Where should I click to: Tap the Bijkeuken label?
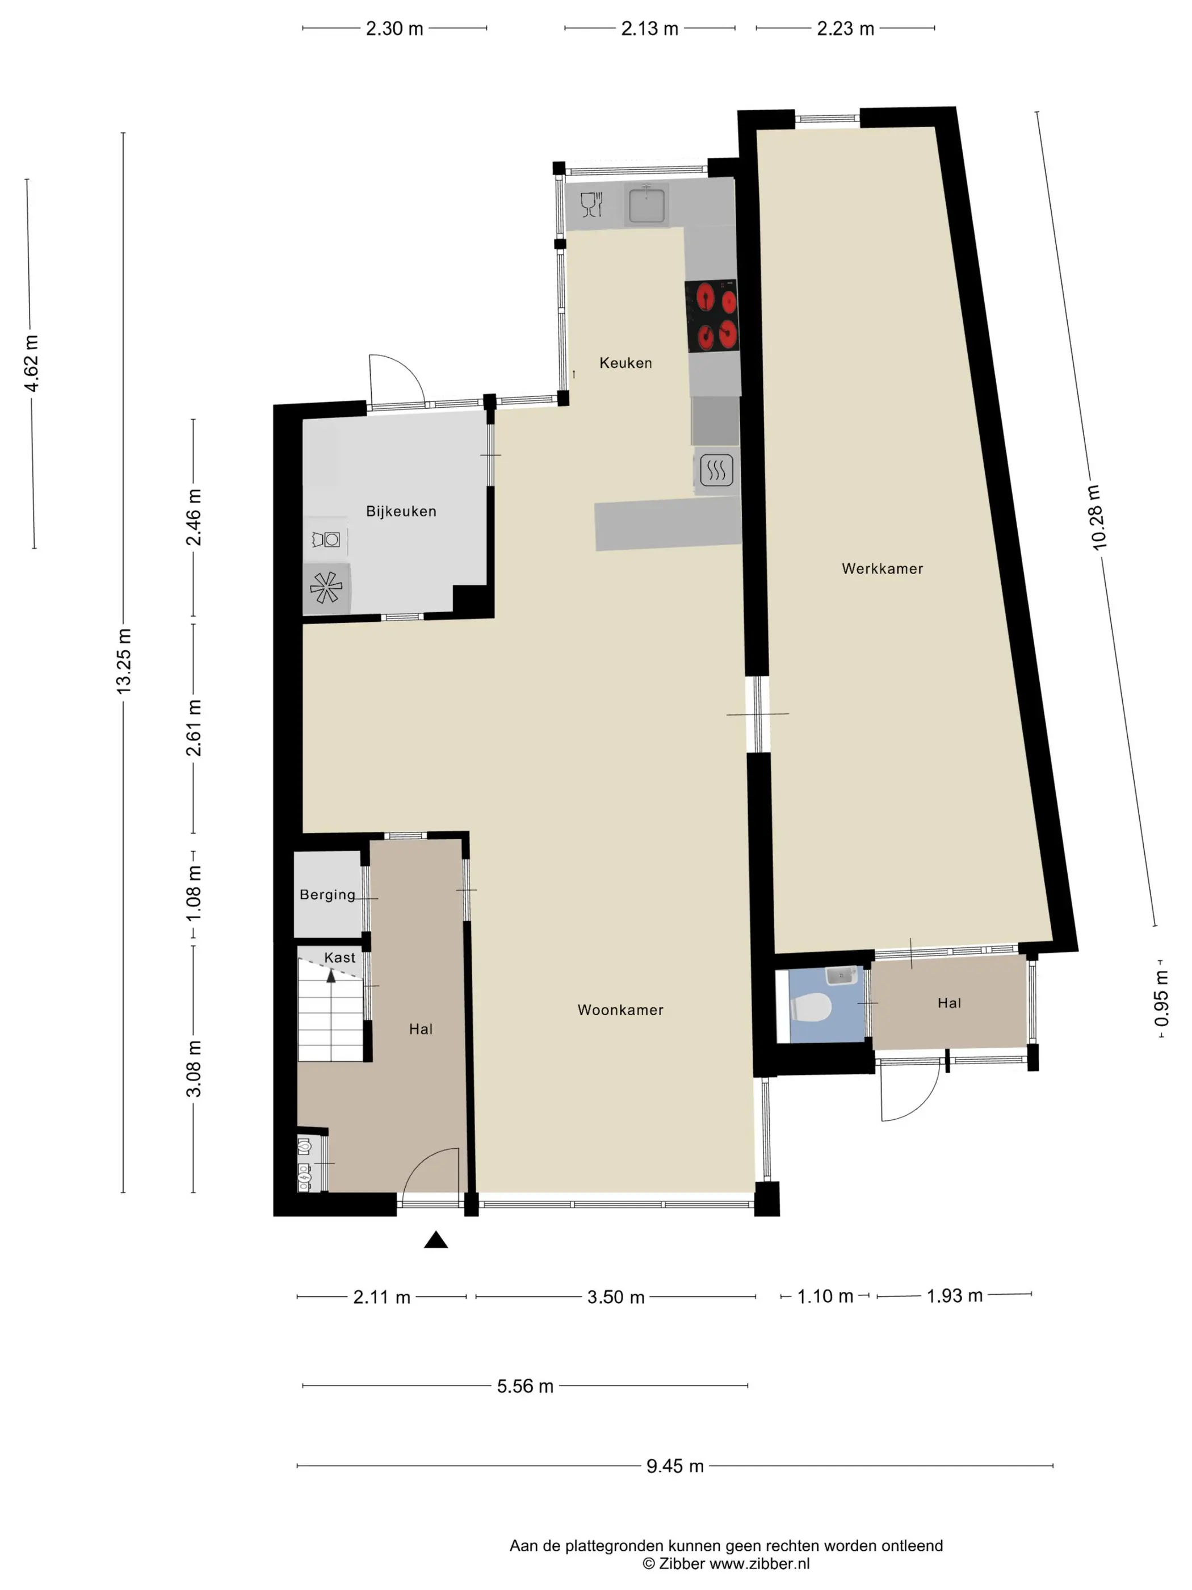(x=401, y=511)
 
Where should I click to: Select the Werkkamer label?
(x=882, y=568)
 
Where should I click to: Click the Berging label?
(x=328, y=895)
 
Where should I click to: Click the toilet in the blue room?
(x=811, y=1007)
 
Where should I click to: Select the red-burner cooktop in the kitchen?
(x=711, y=316)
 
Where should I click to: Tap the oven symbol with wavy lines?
(x=716, y=471)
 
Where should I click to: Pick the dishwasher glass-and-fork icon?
(x=591, y=205)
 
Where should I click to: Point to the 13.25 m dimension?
(x=124, y=662)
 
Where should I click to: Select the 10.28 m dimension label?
(x=1095, y=517)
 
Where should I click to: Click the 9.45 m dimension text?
(x=675, y=1466)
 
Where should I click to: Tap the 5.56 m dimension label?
(x=525, y=1386)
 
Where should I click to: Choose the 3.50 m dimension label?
(x=616, y=1297)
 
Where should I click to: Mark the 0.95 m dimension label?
(x=1161, y=998)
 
